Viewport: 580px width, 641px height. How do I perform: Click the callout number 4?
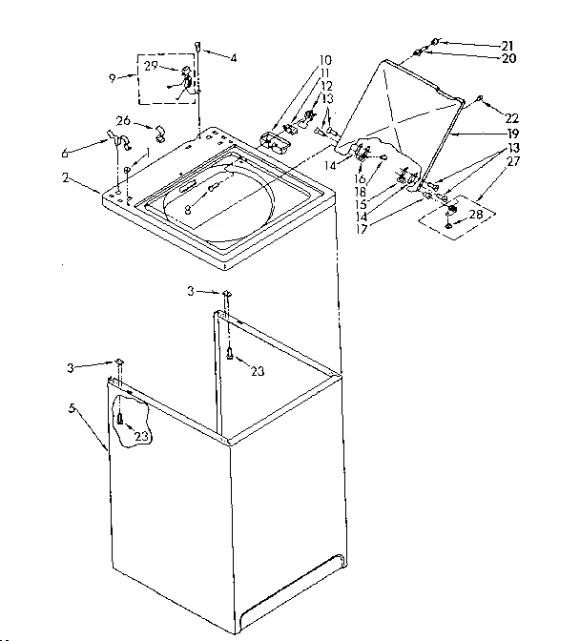[x=233, y=57]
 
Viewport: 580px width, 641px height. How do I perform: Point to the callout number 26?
[x=123, y=120]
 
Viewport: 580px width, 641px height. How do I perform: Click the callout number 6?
[x=65, y=152]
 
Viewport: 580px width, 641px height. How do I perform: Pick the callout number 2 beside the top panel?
[x=65, y=177]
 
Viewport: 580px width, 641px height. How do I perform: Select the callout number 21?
[x=507, y=44]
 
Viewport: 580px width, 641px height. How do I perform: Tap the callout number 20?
[x=507, y=58]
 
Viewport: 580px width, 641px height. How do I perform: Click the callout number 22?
[x=511, y=118]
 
